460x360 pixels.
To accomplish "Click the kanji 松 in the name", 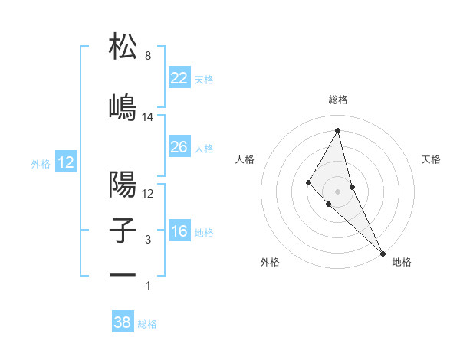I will pyautogui.click(x=123, y=47).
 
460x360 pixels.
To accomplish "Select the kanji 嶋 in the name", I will pyautogui.click(x=123, y=106).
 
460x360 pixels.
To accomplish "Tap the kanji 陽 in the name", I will pyautogui.click(x=123, y=185).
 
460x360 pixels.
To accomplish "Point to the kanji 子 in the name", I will pyautogui.click(x=123, y=231).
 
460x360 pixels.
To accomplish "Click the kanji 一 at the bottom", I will pyautogui.click(x=123, y=274).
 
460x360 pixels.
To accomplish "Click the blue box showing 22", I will pyautogui.click(x=179, y=78).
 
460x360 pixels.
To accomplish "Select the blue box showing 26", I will pyautogui.click(x=179, y=147).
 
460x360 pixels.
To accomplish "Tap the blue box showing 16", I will pyautogui.click(x=179, y=231).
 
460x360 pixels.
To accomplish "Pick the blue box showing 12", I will pyautogui.click(x=66, y=162).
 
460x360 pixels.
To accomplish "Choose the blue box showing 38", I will pyautogui.click(x=123, y=322).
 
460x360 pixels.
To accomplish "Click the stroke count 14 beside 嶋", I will pyautogui.click(x=148, y=117).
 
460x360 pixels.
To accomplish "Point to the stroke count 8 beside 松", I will pyautogui.click(x=148, y=57).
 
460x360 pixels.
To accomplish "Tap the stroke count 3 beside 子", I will pyautogui.click(x=148, y=240).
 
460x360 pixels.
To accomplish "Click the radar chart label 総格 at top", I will pyautogui.click(x=337, y=100).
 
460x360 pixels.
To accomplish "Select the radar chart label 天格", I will pyautogui.click(x=432, y=159).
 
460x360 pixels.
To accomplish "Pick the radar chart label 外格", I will pyautogui.click(x=270, y=262).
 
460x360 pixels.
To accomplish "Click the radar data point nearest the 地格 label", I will pyautogui.click(x=383, y=252).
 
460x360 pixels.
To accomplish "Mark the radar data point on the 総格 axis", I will pyautogui.click(x=337, y=130).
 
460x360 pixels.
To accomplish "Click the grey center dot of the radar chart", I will pyautogui.click(x=337, y=191).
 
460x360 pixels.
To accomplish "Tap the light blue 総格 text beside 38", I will pyautogui.click(x=147, y=323).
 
